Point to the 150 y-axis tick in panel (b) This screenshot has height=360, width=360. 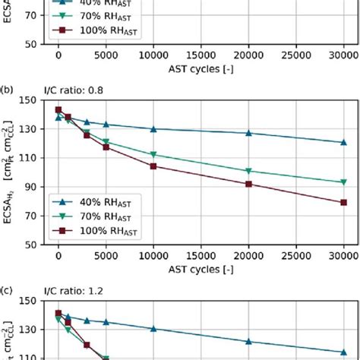pyautogui.click(x=34, y=99)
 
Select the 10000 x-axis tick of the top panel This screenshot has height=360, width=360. pyautogui.click(x=153, y=56)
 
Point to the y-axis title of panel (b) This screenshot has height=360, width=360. pyautogui.click(x=11, y=172)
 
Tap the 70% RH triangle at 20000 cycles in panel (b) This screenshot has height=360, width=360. pyautogui.click(x=249, y=171)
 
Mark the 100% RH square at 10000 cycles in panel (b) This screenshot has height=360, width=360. pyautogui.click(x=153, y=166)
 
